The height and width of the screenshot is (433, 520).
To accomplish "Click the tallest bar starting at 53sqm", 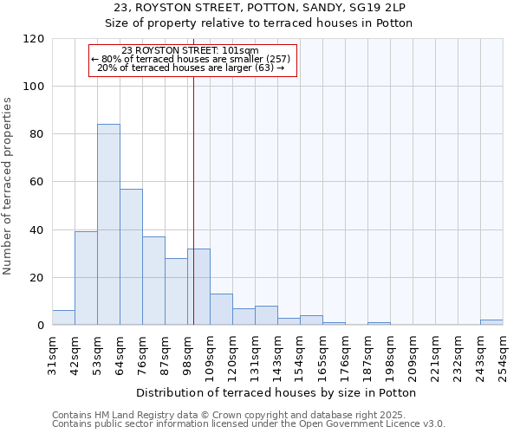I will tap(108, 225).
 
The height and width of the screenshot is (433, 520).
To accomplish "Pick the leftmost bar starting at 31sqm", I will tap(63, 318).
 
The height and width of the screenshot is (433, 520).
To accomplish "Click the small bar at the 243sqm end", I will tap(491, 322).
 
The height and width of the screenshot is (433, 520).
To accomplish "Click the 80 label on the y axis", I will tap(36, 134).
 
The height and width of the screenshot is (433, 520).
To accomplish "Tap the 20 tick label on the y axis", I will tap(36, 278).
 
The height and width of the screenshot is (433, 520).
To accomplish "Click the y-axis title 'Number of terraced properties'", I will tap(8, 186).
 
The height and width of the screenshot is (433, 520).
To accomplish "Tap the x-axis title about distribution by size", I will tap(277, 392).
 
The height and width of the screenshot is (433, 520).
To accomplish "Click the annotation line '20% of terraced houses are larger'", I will tap(192, 68).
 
